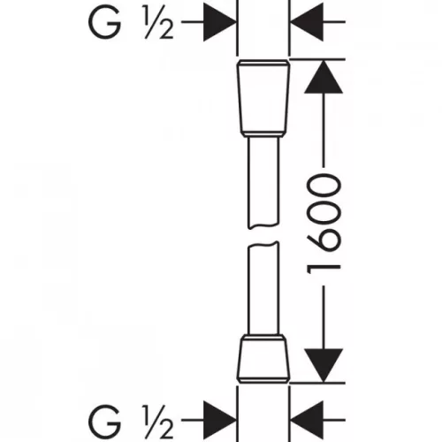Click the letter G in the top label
pyautogui.click(x=105, y=22)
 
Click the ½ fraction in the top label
pyautogui.click(x=158, y=23)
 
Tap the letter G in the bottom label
pyautogui.click(x=105, y=421)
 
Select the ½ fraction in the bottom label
pyautogui.click(x=158, y=422)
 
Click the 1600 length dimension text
pyautogui.click(x=324, y=224)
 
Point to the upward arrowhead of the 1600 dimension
pyautogui.click(x=324, y=77)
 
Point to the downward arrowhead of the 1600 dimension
pyautogui.click(x=324, y=365)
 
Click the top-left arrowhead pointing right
pyautogui.click(x=220, y=22)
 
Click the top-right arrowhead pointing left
pyautogui.click(x=307, y=22)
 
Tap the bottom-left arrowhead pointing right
pyautogui.click(x=220, y=420)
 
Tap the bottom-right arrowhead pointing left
pyautogui.click(x=307, y=420)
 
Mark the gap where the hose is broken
pyautogui.click(x=263, y=235)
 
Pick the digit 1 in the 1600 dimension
pyautogui.click(x=324, y=270)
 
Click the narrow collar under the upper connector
pyautogui.click(x=263, y=133)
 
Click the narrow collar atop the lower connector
pyautogui.click(x=263, y=338)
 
